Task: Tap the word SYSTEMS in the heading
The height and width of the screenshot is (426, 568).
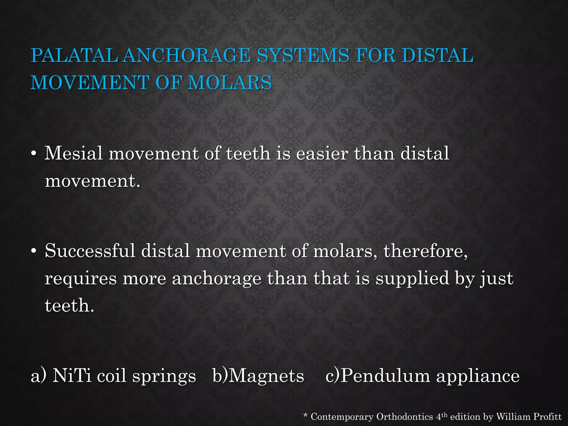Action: tap(303, 55)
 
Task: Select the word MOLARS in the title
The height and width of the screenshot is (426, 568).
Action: tap(230, 83)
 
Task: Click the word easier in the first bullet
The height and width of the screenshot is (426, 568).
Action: tap(322, 153)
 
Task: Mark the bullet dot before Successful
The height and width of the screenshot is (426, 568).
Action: tap(34, 251)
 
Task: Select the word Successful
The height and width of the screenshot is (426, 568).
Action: tap(90, 251)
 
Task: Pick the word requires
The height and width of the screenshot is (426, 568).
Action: tap(80, 278)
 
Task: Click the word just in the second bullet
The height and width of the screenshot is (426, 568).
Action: tap(497, 278)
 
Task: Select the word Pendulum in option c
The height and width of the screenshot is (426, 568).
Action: tap(385, 376)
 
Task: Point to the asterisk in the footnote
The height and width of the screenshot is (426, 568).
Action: tap(306, 415)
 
